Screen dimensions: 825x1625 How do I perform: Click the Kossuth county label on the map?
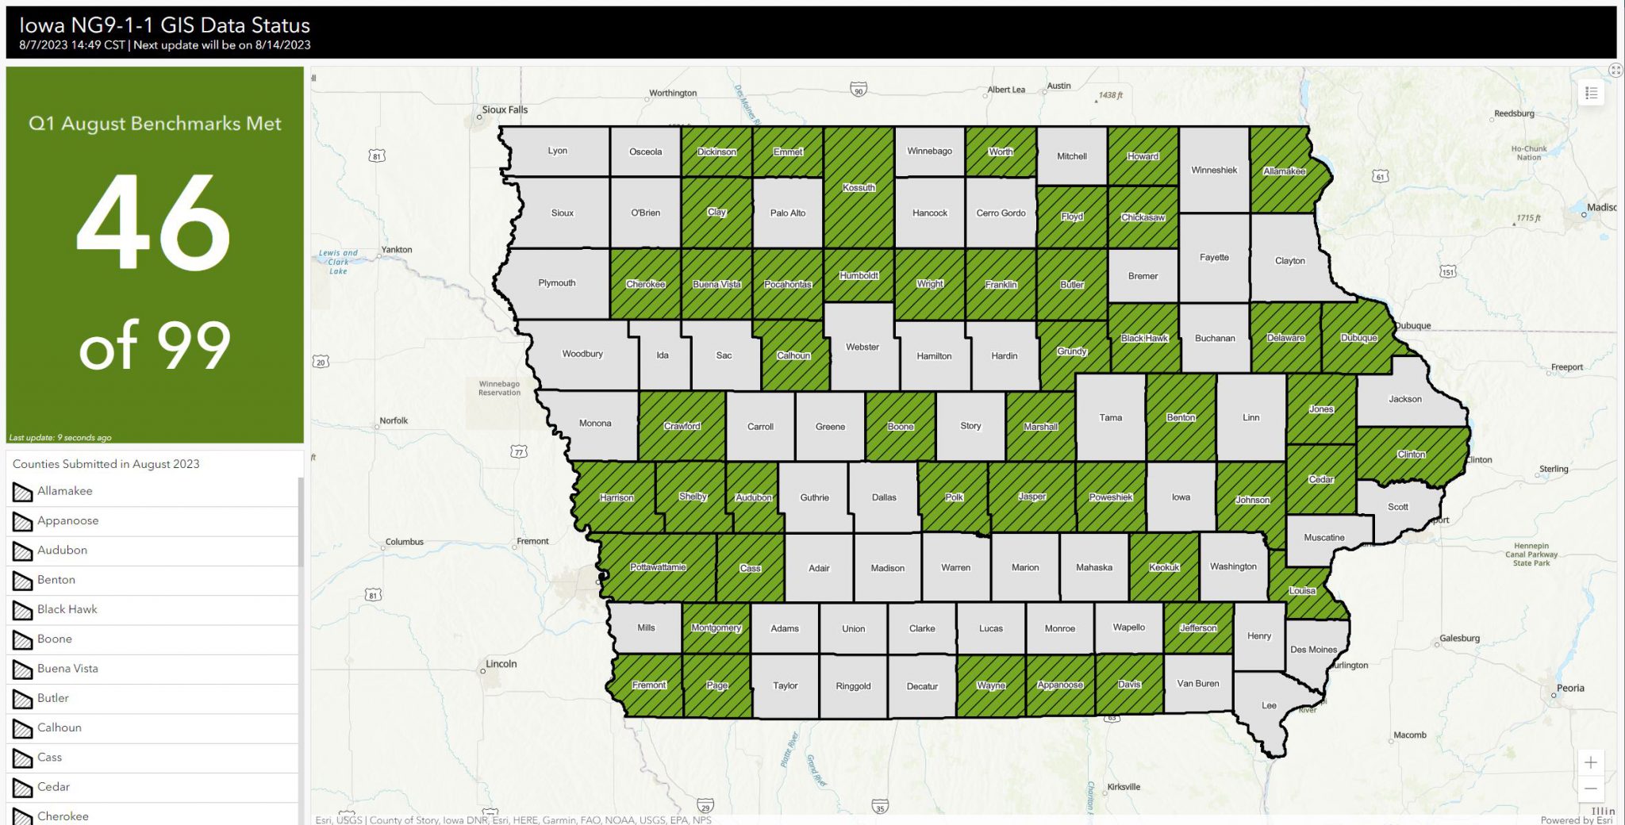pyautogui.click(x=859, y=188)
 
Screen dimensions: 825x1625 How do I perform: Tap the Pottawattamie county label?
pyautogui.click(x=658, y=567)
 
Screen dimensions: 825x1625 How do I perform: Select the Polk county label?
pyautogui.click(x=954, y=497)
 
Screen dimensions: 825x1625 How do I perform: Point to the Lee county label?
pyautogui.click(x=1270, y=705)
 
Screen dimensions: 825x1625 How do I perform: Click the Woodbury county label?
pyautogui.click(x=582, y=354)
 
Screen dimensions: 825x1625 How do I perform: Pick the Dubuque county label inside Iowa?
pyautogui.click(x=1358, y=338)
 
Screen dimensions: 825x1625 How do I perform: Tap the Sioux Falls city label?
pyautogui.click(x=505, y=110)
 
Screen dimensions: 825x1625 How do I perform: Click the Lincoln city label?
pyautogui.click(x=501, y=664)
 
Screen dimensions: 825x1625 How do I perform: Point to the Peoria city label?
pyautogui.click(x=1570, y=688)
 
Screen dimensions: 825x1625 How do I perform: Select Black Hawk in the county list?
pyautogui.click(x=67, y=609)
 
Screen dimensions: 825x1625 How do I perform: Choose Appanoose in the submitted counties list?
pyautogui.click(x=67, y=520)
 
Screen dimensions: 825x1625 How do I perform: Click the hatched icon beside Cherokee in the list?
pyautogui.click(x=22, y=816)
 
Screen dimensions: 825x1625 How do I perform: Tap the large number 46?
pyautogui.click(x=154, y=223)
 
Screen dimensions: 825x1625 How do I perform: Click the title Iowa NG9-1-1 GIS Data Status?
pyautogui.click(x=165, y=25)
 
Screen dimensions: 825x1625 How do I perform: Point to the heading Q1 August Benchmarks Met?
pyautogui.click(x=155, y=124)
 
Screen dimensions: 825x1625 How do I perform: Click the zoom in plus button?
pyautogui.click(x=1591, y=762)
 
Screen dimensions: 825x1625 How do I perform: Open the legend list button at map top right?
pyautogui.click(x=1591, y=94)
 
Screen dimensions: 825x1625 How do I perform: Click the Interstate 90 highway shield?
pyautogui.click(x=858, y=90)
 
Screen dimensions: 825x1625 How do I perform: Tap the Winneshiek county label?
pyautogui.click(x=1214, y=171)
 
